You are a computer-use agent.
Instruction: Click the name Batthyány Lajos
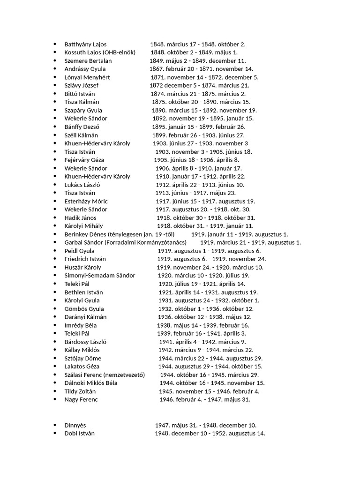tap(85, 44)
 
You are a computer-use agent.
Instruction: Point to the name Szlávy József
tap(82, 85)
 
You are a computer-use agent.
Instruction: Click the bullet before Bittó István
tap(55, 94)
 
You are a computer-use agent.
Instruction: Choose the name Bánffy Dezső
tap(82, 127)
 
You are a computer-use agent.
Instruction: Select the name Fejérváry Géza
tap(84, 160)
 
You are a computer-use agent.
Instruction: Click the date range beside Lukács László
tap(200, 185)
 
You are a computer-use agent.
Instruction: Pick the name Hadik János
tap(80, 217)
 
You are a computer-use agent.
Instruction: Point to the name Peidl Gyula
tap(79, 251)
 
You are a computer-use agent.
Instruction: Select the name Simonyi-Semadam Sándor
tap(100, 276)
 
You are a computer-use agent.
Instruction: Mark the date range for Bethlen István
tap(208, 292)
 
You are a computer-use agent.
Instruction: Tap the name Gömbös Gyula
tap(84, 309)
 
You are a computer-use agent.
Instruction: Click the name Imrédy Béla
tap(81, 325)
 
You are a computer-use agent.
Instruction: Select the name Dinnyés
tap(75, 425)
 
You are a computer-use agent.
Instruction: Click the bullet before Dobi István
tap(55, 434)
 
